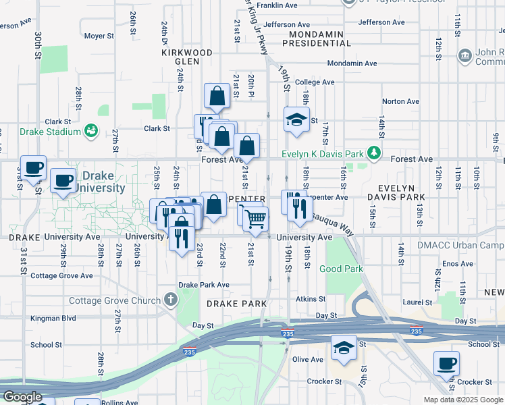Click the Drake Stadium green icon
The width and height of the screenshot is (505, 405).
[x=91, y=130]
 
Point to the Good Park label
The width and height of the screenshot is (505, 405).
[x=341, y=269]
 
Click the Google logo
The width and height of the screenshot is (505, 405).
[x=22, y=397]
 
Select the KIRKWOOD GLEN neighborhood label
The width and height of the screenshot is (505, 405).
[x=187, y=57]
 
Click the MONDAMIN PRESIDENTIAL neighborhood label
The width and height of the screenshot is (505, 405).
[x=316, y=38]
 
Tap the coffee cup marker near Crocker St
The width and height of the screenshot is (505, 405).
[x=446, y=364]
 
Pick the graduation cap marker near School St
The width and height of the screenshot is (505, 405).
[x=344, y=348]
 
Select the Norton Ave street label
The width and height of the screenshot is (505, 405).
[x=401, y=102]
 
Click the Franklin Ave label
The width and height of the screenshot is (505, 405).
[x=277, y=5]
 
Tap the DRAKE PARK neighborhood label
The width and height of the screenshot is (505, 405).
[x=237, y=304]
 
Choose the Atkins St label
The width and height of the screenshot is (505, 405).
[x=311, y=298]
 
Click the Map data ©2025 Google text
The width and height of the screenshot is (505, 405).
[x=462, y=400]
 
